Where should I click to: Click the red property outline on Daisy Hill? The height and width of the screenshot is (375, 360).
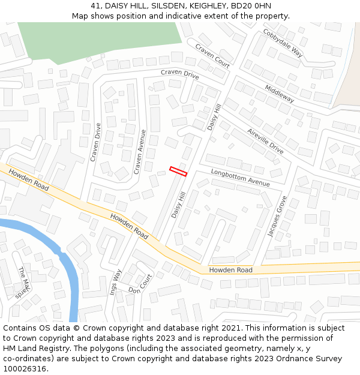pyautogui.click(x=178, y=172)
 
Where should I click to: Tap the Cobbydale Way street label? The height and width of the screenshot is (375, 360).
pyautogui.click(x=282, y=43)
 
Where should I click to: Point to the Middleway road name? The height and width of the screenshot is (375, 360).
pyautogui.click(x=280, y=94)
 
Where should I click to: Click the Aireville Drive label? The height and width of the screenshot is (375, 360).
pyautogui.click(x=265, y=140)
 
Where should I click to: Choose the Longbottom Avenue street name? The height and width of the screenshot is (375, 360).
pyautogui.click(x=241, y=177)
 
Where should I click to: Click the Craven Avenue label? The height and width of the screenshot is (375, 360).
pyautogui.click(x=140, y=152)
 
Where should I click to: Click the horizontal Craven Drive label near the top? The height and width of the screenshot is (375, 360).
pyautogui.click(x=179, y=74)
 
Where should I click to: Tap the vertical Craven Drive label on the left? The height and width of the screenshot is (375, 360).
pyautogui.click(x=95, y=142)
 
